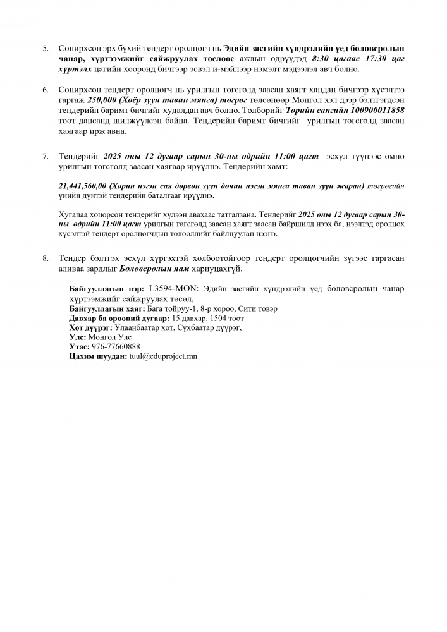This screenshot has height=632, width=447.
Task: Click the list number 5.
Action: [x=45, y=49]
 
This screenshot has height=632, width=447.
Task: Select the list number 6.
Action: [x=45, y=90]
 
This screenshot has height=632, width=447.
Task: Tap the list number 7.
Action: [x=45, y=156]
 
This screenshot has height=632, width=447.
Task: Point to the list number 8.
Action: [x=45, y=258]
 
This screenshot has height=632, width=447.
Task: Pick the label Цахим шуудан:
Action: [x=98, y=356]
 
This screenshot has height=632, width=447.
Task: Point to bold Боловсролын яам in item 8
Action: [x=150, y=269]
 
